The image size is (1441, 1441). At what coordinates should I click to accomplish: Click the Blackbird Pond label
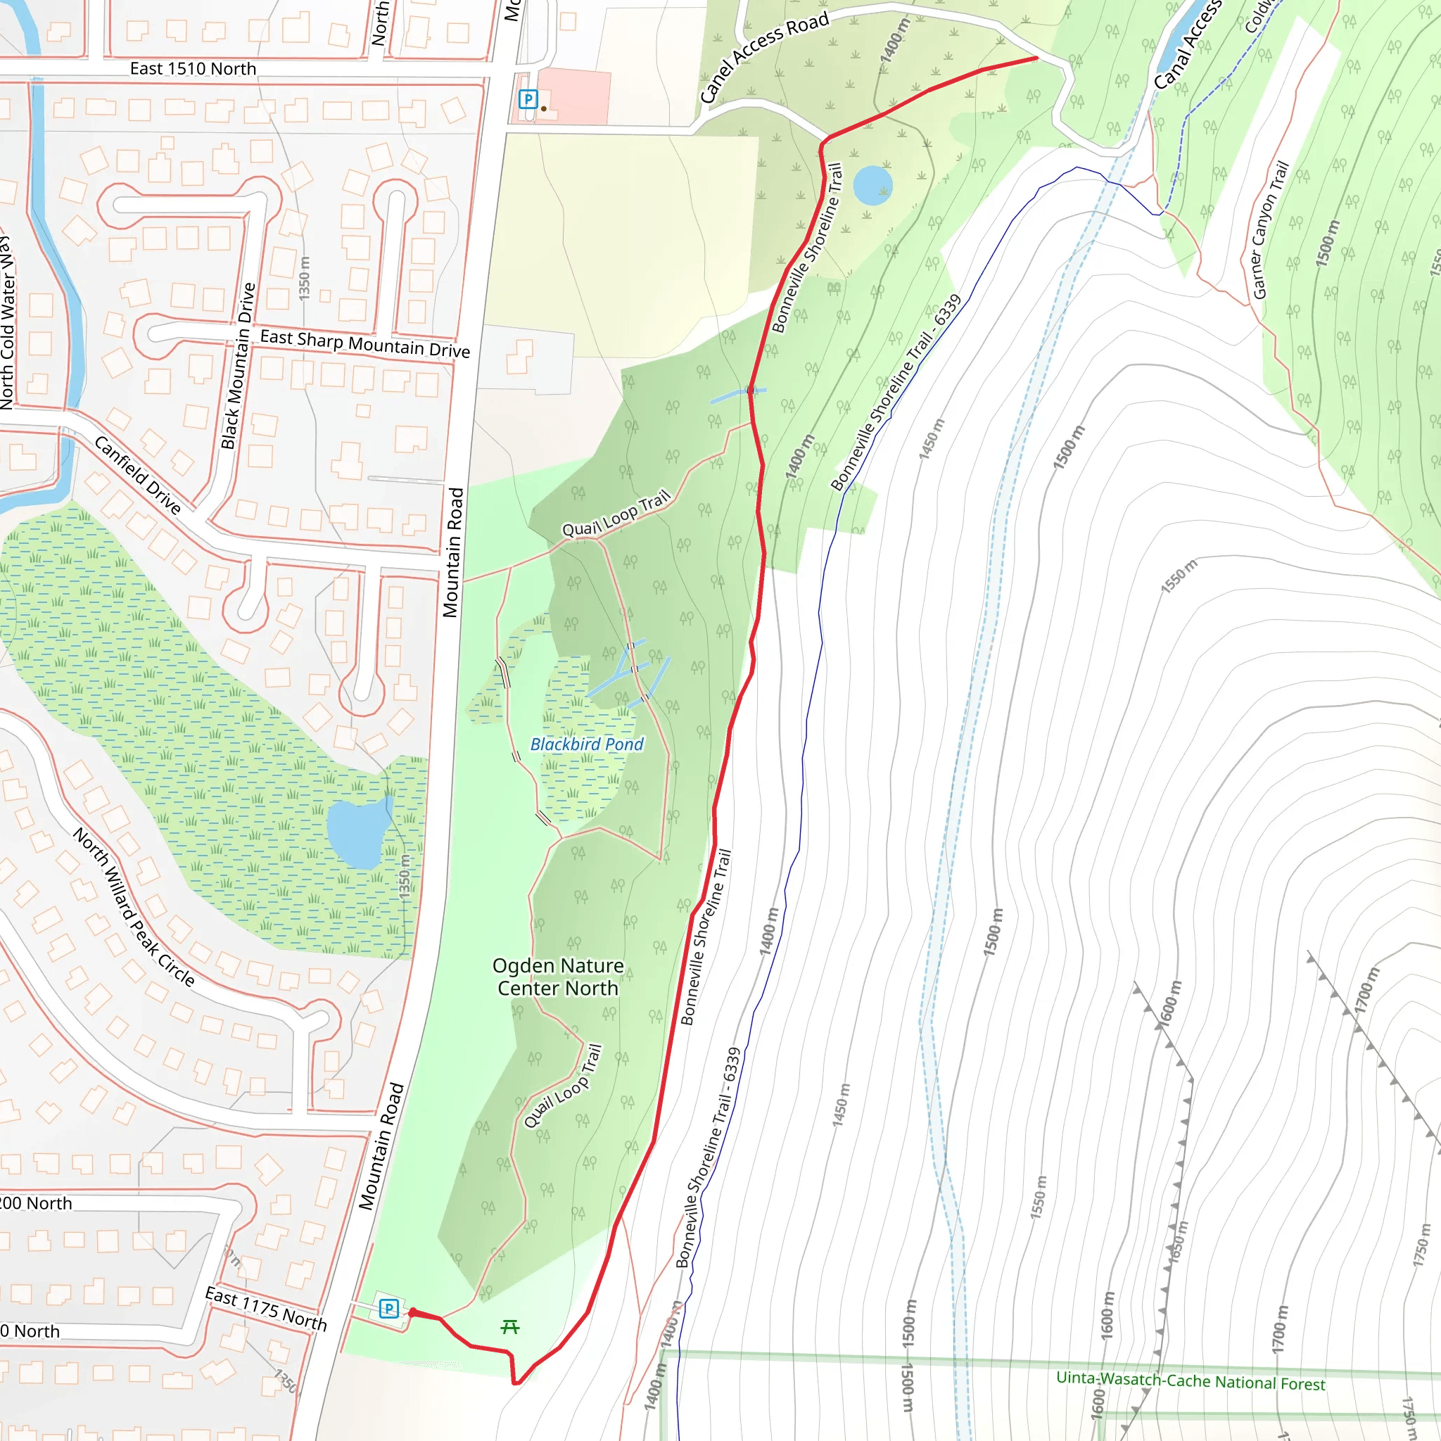[x=586, y=744]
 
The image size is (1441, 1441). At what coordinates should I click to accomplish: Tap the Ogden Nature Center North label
[x=558, y=977]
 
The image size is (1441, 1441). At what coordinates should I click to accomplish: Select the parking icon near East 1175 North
[x=388, y=1308]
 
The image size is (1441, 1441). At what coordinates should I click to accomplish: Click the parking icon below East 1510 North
[x=528, y=99]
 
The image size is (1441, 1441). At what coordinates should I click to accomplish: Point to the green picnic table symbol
[x=510, y=1327]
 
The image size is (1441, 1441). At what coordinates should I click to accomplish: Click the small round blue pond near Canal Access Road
[x=872, y=185]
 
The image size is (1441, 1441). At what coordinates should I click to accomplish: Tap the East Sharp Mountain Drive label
[x=364, y=344]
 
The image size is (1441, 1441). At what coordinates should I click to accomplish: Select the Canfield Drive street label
[x=138, y=476]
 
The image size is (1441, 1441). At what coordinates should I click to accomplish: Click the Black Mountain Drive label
[x=239, y=365]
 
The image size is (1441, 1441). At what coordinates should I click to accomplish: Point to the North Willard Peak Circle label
[x=134, y=907]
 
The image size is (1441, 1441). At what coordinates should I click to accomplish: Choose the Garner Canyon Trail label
[x=1270, y=229]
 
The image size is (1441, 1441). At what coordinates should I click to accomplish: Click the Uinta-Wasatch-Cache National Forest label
[x=1191, y=1380]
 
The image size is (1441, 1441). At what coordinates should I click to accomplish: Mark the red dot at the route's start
[x=412, y=1313]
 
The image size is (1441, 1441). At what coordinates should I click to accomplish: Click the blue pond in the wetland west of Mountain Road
[x=359, y=833]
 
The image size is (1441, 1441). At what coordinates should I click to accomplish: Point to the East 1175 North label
[x=265, y=1309]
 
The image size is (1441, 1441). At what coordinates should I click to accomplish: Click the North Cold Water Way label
[x=7, y=321]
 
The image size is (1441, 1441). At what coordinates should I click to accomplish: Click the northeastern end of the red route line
[x=1036, y=58]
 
